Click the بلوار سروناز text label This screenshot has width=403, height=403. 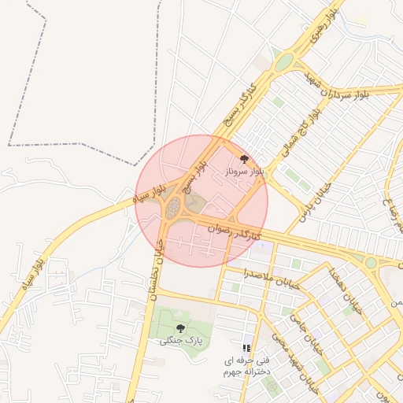243,170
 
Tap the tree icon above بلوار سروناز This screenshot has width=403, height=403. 243,159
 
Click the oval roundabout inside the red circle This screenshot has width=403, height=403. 173,209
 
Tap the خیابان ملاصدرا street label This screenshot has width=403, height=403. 271,280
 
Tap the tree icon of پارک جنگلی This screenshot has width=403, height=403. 180,328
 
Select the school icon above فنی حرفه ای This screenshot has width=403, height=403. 246,347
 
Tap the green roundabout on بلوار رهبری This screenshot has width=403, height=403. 283,61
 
